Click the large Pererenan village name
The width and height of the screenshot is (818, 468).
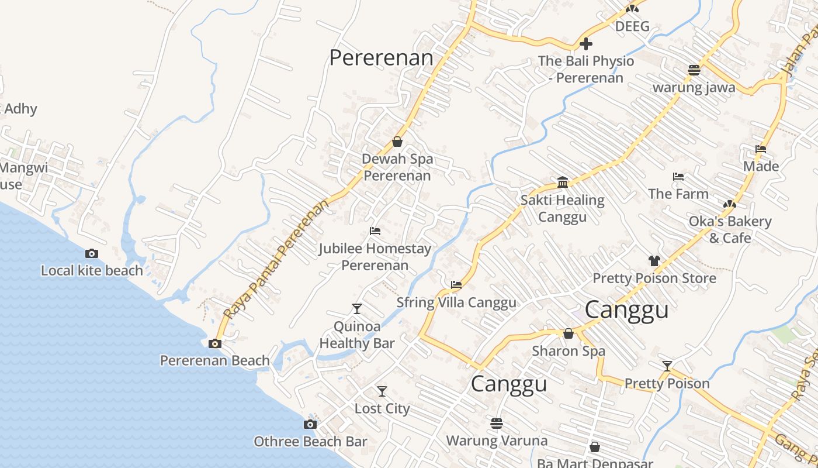pos(381,58)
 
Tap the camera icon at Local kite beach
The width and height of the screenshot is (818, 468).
pos(92,253)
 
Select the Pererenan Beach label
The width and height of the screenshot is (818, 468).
pos(215,360)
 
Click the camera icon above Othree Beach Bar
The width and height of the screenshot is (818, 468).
pos(310,424)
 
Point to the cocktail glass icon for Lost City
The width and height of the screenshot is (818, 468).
pos(382,391)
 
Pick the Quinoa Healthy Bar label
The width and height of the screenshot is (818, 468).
pos(357,335)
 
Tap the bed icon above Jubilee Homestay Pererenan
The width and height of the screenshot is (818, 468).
pos(375,231)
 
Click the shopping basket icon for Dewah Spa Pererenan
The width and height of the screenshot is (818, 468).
pos(397,142)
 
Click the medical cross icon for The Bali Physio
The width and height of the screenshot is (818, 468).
pos(586,44)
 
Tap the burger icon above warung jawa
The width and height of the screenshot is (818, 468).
pos(694,70)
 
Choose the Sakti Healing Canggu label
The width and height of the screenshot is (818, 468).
pos(562,208)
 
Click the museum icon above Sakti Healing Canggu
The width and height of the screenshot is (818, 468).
pos(563,183)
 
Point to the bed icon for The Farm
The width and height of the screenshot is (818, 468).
pos(678,176)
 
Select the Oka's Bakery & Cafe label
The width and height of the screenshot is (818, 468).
pos(730,229)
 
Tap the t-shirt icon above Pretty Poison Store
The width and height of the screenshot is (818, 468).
pos(654,260)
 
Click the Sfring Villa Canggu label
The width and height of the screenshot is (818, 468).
pos(456,302)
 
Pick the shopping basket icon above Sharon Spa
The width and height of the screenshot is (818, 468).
pos(569,333)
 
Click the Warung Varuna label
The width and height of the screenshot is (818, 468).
pos(497,441)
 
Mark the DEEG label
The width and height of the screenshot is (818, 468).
pos(632,26)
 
